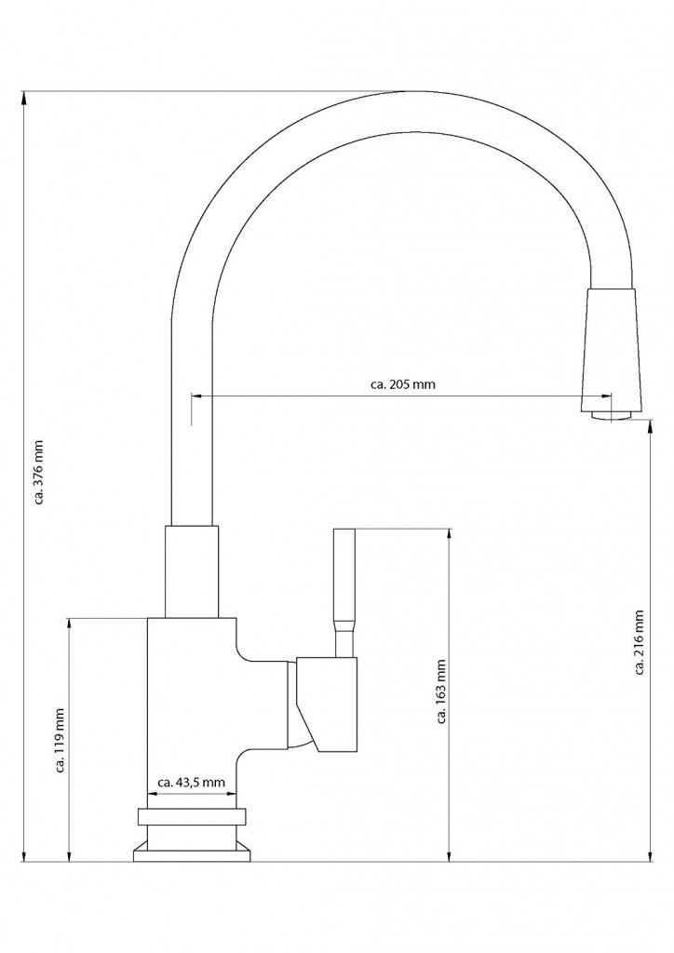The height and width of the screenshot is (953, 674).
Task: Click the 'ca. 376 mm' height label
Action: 39,472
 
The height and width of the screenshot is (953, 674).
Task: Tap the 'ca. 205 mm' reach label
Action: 402,384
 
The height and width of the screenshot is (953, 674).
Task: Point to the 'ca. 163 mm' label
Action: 442,692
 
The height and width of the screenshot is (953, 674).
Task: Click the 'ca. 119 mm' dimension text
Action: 61,741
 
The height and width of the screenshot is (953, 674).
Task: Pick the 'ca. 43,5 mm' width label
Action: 192,783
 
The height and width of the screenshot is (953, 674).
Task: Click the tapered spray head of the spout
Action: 612,350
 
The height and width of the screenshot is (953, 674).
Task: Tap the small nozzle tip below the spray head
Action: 612,416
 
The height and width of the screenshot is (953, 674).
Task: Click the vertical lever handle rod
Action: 344,593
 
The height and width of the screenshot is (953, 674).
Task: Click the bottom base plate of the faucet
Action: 192,852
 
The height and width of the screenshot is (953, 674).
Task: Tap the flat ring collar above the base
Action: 192,817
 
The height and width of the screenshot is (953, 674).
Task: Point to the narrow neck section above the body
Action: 192,572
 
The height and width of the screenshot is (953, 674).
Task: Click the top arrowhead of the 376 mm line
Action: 24,97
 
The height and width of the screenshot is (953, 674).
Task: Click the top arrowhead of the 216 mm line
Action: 651,426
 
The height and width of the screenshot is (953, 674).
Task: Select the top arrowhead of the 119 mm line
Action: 70,624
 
